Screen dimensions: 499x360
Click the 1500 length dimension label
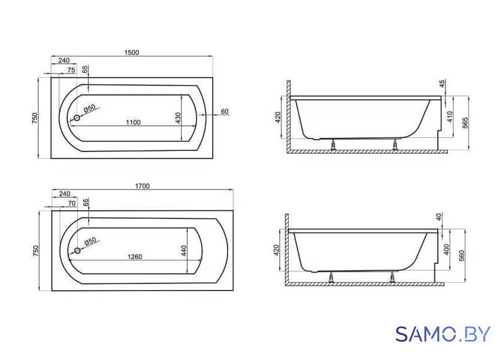pyautogui.click(x=132, y=52)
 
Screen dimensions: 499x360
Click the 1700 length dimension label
pyautogui.click(x=142, y=186)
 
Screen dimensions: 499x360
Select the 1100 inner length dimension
pyautogui.click(x=133, y=122)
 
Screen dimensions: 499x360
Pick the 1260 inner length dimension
pyautogui.click(x=135, y=257)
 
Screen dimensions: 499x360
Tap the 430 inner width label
pyautogui.click(x=178, y=118)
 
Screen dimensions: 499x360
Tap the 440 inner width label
pyautogui.click(x=184, y=251)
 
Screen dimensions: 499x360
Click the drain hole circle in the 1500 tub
pyautogui.click(x=77, y=118)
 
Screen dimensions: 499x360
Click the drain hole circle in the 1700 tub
pyautogui.click(x=77, y=251)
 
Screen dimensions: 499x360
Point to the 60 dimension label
pyautogui.click(x=225, y=112)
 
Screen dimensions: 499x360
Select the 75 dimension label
pyautogui.click(x=71, y=70)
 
